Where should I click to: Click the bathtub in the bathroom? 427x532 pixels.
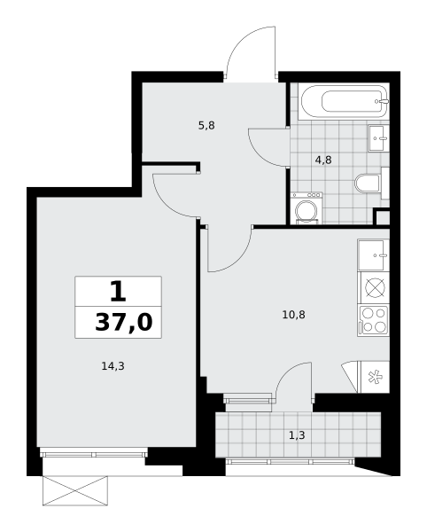344,101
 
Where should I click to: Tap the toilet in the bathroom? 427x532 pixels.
368,184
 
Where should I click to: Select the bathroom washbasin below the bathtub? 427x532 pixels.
378,137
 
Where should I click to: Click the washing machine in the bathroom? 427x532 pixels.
307,208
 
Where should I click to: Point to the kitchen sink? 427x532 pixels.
374,255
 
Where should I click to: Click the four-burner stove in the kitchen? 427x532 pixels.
374,321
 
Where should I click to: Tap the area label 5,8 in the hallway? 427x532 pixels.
206,126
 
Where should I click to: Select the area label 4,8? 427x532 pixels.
323,160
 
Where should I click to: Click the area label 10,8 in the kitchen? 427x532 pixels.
293,315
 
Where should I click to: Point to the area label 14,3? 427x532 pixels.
113,366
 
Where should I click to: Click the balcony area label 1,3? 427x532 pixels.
297,435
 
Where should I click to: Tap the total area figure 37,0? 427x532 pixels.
124,322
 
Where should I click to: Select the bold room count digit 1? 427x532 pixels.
118,292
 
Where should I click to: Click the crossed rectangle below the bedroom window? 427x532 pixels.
75,490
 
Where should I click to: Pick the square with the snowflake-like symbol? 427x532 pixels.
375,378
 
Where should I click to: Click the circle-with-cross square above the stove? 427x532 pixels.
375,288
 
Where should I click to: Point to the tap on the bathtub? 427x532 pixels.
383,101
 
